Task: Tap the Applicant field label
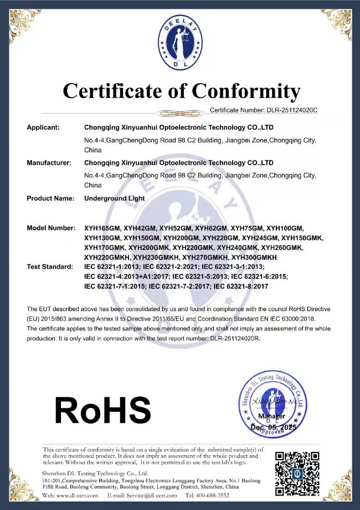[43, 127]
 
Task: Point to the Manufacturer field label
[49, 163]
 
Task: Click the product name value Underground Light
[115, 198]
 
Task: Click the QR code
[297, 472]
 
